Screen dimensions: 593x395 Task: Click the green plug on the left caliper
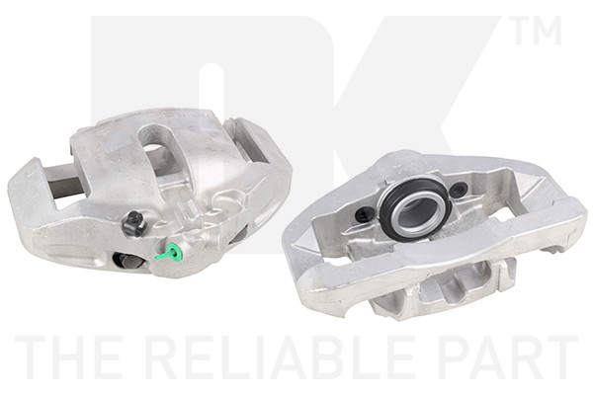click(x=171, y=252)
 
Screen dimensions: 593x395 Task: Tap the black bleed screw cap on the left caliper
click(x=132, y=223)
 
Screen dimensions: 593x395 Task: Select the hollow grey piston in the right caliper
click(x=416, y=213)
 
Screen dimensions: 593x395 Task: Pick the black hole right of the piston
click(x=460, y=189)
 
